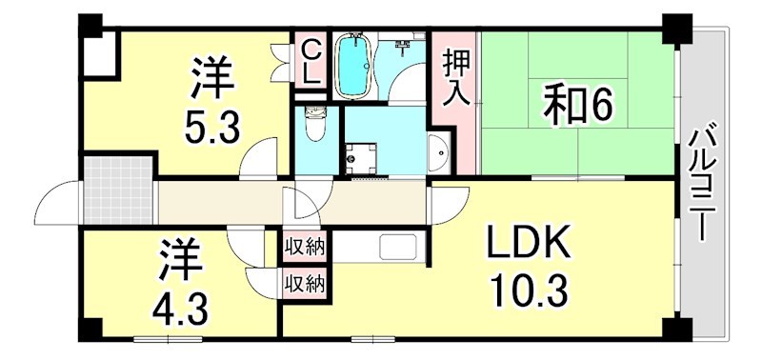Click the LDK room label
coord(529,245)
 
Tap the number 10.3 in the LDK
coord(529,285)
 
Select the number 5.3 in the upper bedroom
coord(211,125)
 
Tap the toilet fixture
coord(313,124)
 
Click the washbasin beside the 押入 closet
coord(439,152)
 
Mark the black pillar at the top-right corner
coord(677,29)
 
